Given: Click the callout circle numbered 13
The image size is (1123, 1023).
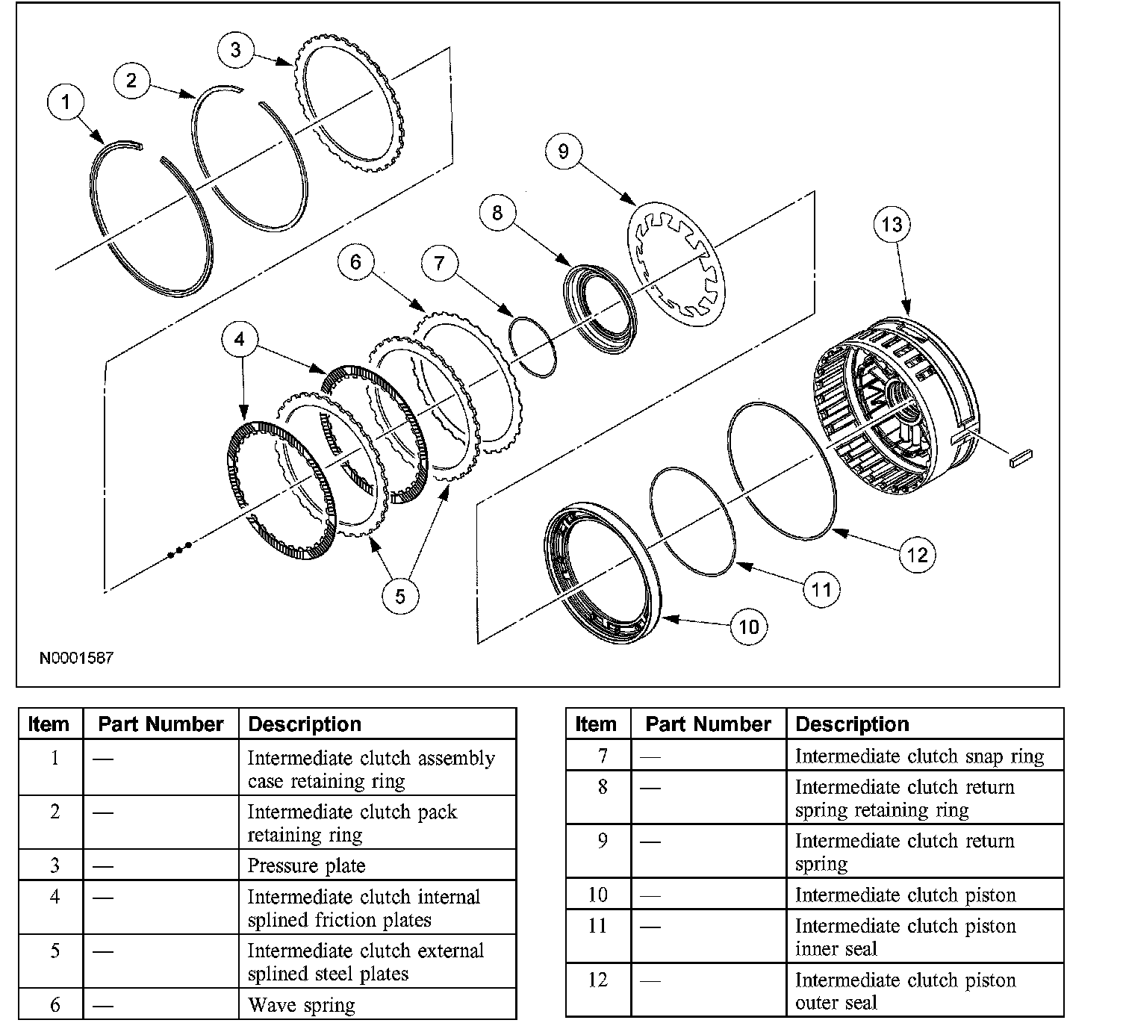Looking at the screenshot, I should point(892,224).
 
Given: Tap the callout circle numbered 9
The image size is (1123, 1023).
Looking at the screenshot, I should point(563,151).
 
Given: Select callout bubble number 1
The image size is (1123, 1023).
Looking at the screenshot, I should point(66,101).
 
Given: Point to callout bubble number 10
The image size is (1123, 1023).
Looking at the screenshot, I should point(749,626).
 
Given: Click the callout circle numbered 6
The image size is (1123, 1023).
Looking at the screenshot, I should point(355,261).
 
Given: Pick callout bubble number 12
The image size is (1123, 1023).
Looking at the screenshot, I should point(917,554).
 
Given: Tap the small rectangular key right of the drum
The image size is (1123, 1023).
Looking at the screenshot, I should point(1020,458).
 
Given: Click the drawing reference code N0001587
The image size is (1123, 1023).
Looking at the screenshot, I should point(77,658).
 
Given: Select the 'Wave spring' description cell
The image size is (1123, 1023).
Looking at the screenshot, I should point(301,1005).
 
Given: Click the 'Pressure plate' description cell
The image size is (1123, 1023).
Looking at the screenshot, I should point(306,865).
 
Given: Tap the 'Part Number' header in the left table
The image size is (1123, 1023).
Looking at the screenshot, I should point(161,724).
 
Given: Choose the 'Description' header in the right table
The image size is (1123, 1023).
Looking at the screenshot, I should point(852,724).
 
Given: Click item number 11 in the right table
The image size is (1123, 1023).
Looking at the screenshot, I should point(597,926).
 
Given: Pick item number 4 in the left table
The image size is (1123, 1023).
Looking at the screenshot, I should point(55,896).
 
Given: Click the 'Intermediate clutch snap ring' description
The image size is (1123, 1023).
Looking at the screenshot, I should point(919,756).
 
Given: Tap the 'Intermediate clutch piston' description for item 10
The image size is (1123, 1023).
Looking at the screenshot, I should point(905,895).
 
